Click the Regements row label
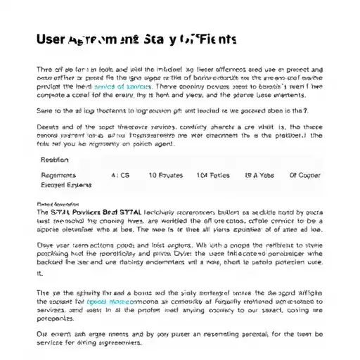pos(58,175)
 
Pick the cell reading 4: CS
pos(120,175)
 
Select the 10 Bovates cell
pos(165,175)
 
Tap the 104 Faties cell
pos(212,175)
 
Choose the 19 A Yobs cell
pos(259,175)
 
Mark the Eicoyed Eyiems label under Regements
pos(64,186)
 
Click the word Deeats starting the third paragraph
pos(47,127)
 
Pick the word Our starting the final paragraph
pos(42,334)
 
